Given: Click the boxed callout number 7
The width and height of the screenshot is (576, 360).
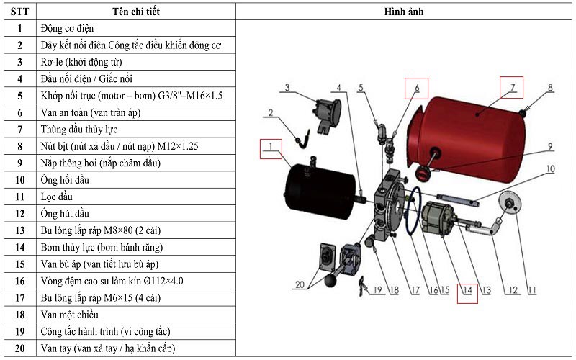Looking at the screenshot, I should point(512,87).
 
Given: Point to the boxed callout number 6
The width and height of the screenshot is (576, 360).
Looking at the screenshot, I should point(415,87).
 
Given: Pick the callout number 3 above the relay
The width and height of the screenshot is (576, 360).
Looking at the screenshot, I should point(287,88).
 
